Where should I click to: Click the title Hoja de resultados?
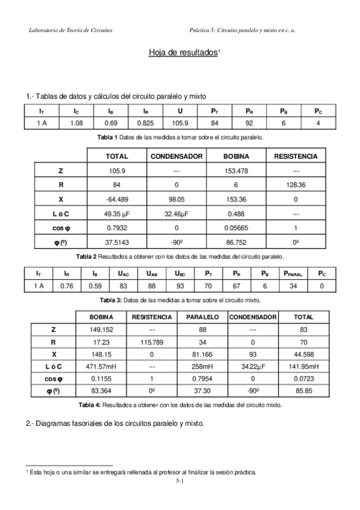(183, 53)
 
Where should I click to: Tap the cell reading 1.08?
(76, 123)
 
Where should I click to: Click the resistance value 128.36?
(295, 185)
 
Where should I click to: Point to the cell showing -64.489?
(117, 200)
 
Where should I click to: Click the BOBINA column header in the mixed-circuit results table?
(101, 316)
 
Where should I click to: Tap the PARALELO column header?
(202, 316)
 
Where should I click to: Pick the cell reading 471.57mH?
(101, 366)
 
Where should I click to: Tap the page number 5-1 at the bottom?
(180, 481)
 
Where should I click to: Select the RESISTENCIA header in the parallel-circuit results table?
(295, 156)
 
